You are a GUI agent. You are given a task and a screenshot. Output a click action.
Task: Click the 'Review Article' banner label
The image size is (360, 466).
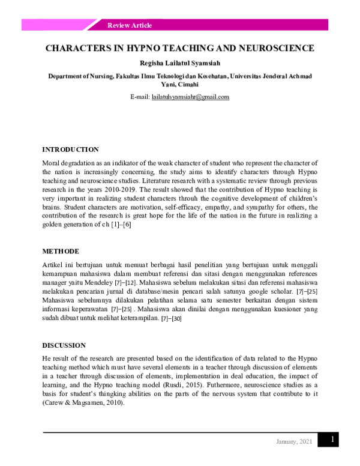(129, 25)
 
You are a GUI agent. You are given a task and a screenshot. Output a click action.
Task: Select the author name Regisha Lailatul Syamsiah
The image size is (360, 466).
(180, 62)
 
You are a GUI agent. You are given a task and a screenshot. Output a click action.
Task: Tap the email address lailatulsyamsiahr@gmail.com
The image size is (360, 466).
(190, 97)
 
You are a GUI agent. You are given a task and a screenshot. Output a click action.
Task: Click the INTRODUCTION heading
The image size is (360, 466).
(70, 150)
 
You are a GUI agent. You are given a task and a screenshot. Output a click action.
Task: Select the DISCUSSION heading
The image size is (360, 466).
(64, 345)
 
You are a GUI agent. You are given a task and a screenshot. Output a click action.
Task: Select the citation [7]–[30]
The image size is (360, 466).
(171, 318)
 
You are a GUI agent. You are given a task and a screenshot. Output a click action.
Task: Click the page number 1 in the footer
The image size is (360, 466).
(331, 440)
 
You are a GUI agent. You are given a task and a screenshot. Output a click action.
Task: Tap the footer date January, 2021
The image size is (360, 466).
(294, 442)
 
